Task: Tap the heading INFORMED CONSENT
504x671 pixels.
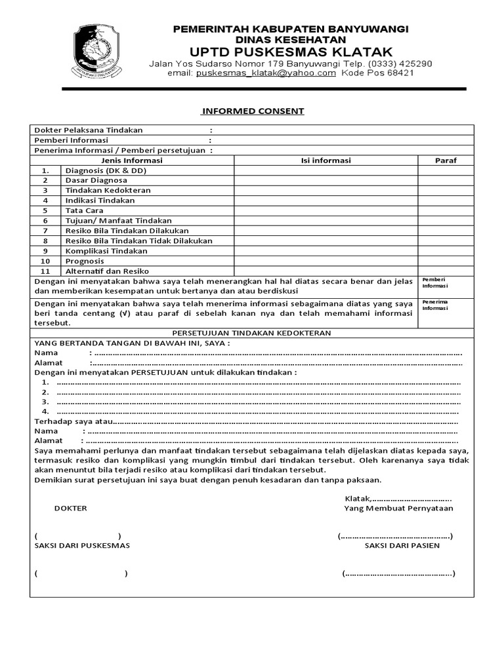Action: click(x=253, y=111)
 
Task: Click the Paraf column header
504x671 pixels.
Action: click(x=446, y=161)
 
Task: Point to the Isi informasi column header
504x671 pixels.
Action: click(x=325, y=161)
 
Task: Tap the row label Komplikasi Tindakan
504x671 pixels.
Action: click(x=106, y=251)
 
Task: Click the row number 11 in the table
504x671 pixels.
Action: click(x=45, y=271)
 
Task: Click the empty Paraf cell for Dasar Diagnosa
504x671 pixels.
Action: click(x=446, y=180)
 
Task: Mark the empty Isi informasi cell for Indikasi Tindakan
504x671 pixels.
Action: click(x=325, y=201)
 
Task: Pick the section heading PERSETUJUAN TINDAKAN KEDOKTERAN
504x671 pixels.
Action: click(x=251, y=333)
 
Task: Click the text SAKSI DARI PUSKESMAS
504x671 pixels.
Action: click(x=82, y=545)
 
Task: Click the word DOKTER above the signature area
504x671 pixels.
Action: click(x=70, y=508)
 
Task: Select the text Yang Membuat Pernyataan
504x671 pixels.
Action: click(x=398, y=508)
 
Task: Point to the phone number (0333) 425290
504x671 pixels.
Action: click(x=400, y=64)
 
